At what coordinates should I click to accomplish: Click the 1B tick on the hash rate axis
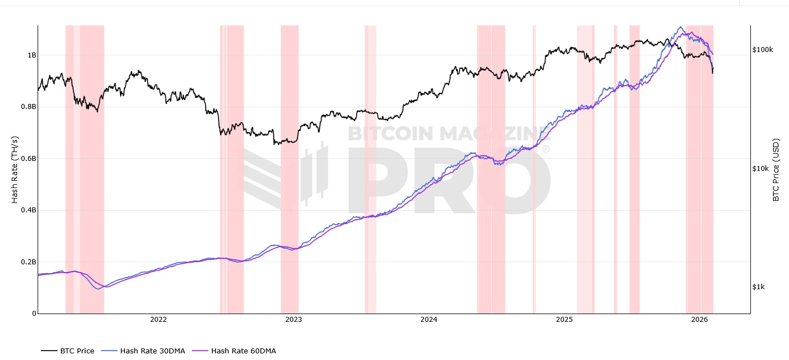click(32, 55)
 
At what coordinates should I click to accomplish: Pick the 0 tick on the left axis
click(34, 314)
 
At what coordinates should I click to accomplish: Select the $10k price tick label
click(761, 169)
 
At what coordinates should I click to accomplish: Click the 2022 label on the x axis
click(158, 320)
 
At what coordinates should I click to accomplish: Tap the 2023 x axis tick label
click(294, 320)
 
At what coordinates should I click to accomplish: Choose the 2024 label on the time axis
click(429, 320)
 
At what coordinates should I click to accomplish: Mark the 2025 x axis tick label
click(564, 320)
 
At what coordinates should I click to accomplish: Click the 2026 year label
click(699, 320)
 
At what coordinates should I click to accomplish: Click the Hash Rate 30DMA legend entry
click(152, 351)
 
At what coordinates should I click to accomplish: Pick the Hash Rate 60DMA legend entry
click(243, 351)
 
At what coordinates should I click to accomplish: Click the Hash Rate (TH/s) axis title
click(15, 169)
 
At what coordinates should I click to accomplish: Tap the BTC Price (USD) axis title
click(776, 169)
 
